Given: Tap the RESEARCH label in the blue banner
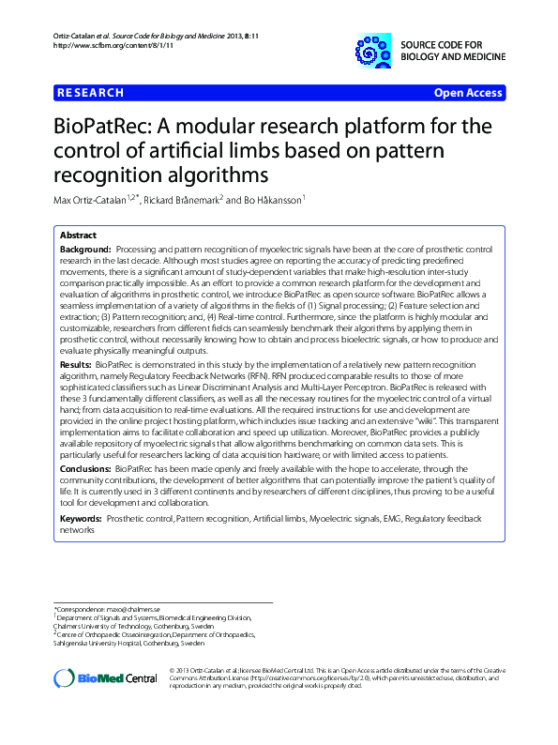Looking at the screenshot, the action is [x=90, y=93].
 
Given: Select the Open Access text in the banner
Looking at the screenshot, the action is [x=469, y=93].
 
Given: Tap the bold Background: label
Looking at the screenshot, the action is [x=86, y=248].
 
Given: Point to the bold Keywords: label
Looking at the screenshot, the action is [x=81, y=518].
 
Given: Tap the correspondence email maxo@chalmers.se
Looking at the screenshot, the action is [x=127, y=610].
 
